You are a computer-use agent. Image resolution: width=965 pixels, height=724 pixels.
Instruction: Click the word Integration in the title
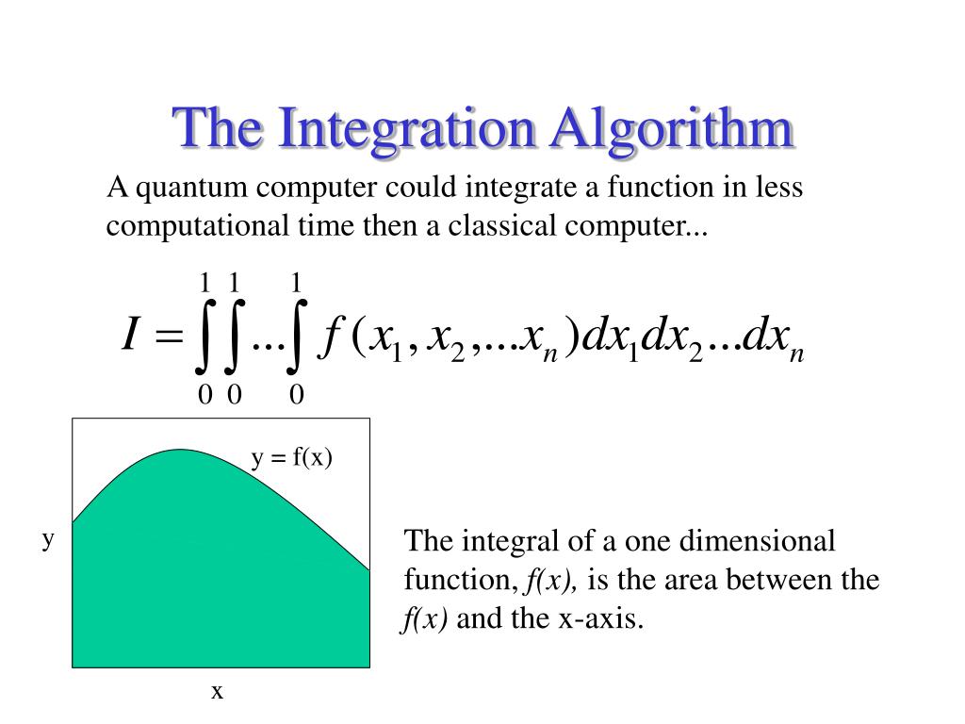(407, 129)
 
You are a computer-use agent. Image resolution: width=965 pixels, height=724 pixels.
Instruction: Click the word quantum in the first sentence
(191, 189)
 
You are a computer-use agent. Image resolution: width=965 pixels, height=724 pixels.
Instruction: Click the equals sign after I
(169, 336)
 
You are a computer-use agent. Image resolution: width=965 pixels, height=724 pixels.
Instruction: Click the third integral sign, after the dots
(296, 337)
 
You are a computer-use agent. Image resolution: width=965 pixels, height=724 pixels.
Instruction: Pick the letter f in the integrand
(331, 337)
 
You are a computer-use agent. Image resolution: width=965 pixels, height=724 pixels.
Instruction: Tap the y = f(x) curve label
(292, 458)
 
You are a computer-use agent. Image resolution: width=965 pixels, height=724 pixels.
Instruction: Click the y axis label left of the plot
(48, 540)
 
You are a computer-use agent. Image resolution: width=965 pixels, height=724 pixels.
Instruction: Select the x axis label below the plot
(217, 691)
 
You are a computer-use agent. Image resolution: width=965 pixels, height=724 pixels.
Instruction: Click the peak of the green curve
(180, 450)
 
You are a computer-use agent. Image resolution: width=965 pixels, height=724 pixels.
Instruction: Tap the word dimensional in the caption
(757, 540)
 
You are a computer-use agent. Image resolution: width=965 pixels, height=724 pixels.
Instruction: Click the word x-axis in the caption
(600, 618)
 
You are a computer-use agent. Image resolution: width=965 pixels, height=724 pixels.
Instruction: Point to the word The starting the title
(219, 128)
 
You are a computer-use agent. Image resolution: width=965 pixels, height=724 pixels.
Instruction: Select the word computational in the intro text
(198, 226)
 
